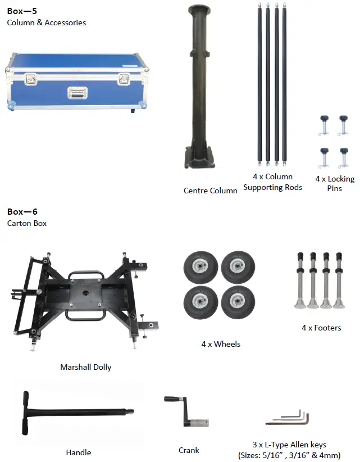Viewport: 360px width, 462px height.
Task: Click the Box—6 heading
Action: (x=22, y=212)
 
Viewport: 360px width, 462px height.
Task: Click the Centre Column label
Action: (x=210, y=191)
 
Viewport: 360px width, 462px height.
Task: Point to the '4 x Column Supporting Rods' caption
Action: (x=273, y=182)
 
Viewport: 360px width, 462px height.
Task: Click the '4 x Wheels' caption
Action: (x=221, y=344)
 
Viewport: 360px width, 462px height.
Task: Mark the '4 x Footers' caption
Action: (x=321, y=328)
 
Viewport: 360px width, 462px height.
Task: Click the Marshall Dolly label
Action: (x=86, y=367)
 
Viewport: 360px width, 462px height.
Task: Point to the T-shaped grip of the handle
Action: (x=25, y=413)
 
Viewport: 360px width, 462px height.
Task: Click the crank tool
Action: (x=188, y=416)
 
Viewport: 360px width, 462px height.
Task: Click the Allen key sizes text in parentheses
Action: (x=289, y=455)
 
